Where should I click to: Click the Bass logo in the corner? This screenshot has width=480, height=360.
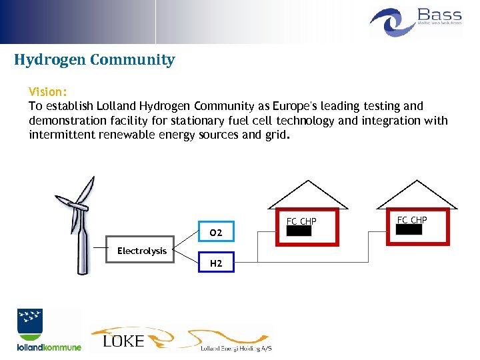pyautogui.click(x=416, y=21)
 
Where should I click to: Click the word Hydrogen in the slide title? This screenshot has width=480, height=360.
pyautogui.click(x=51, y=60)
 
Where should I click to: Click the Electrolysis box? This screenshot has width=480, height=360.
pyautogui.click(x=141, y=251)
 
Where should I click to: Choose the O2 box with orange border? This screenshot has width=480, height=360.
pyautogui.click(x=215, y=233)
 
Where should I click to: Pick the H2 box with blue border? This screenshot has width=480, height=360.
pyautogui.click(x=215, y=263)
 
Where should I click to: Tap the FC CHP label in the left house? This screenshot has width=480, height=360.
pyautogui.click(x=301, y=221)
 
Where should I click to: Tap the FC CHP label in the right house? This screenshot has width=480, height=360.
pyautogui.click(x=412, y=219)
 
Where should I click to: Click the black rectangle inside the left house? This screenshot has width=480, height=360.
pyautogui.click(x=299, y=231)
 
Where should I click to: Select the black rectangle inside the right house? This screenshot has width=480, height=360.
pyautogui.click(x=409, y=229)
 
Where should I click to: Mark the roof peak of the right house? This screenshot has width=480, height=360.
pyautogui.click(x=418, y=181)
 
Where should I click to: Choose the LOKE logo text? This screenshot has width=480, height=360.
pyautogui.click(x=124, y=341)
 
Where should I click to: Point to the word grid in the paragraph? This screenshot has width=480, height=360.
pyautogui.click(x=275, y=135)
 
